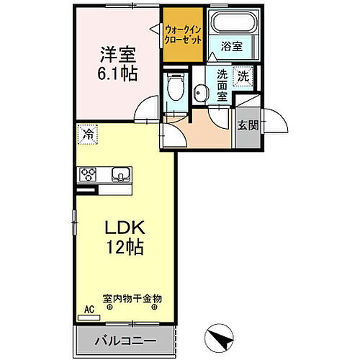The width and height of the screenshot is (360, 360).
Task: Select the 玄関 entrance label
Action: point(246,124)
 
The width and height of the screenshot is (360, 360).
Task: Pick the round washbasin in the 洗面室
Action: point(200,91)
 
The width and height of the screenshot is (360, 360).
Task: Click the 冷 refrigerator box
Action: point(86,133)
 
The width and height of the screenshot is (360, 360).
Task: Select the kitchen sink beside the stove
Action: point(120,174)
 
